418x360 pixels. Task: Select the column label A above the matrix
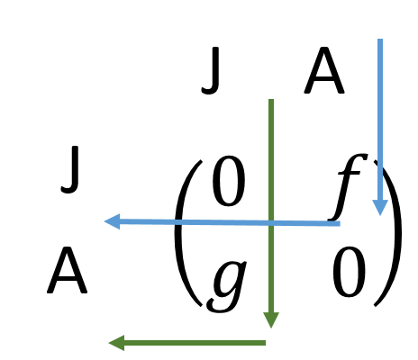coord(324,70)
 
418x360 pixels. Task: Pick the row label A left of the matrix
coord(68,270)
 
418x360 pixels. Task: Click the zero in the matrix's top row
coord(229,181)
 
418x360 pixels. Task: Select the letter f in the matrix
coord(349,187)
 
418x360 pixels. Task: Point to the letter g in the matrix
coord(227,285)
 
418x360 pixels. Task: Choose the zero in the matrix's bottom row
coord(349,272)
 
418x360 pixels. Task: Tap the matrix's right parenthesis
coord(390,234)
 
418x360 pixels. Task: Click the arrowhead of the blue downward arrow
coord(380,207)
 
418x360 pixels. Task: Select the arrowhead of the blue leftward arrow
coord(112,221)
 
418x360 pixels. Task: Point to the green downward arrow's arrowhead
coord(271,319)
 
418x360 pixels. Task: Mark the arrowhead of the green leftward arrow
coord(116,343)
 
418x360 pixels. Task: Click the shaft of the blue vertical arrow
coord(380,120)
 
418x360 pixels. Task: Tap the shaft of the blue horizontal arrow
coord(230,222)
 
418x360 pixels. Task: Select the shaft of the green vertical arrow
coord(271,206)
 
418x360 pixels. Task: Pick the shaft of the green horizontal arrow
coord(195,343)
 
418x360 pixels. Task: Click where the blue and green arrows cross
coord(271,223)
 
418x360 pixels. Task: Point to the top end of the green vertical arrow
coord(271,99)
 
